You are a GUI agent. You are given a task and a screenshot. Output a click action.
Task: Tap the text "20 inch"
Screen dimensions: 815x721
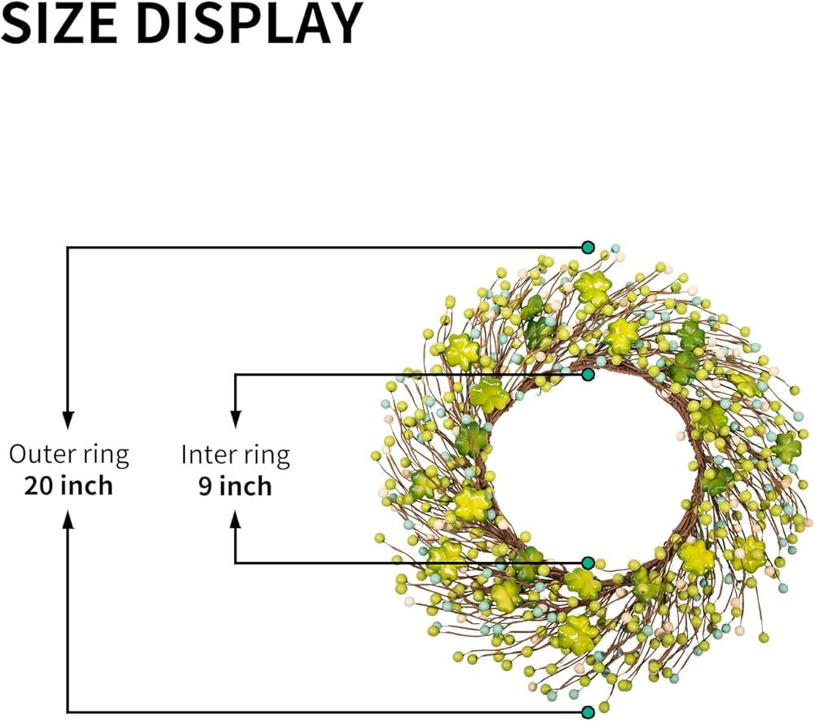[68, 486]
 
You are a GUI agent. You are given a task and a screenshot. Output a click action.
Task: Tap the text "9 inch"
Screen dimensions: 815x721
[236, 486]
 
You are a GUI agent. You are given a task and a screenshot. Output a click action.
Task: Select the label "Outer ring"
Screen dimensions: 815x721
[68, 455]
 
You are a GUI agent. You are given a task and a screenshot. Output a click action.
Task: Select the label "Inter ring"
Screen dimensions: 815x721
[236, 455]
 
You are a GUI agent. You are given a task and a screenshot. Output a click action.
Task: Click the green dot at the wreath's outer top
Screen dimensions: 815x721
[588, 247]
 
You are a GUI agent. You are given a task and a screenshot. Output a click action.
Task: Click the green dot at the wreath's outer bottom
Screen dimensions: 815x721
[588, 712]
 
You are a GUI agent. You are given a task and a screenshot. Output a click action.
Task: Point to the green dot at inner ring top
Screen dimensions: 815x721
[588, 374]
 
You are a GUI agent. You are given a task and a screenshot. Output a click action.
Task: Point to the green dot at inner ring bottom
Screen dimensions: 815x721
[588, 563]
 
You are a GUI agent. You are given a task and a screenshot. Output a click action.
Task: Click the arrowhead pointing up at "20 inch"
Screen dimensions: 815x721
[68, 519]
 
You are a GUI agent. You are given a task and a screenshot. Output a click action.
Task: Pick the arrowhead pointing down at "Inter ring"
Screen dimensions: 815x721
[236, 420]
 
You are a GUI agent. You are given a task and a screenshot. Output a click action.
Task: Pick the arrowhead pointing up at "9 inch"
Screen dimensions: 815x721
[236, 519]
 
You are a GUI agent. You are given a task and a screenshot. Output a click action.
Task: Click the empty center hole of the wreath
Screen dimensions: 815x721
[588, 468]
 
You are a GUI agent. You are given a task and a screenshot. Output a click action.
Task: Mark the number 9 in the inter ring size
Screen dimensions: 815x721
[205, 486]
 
